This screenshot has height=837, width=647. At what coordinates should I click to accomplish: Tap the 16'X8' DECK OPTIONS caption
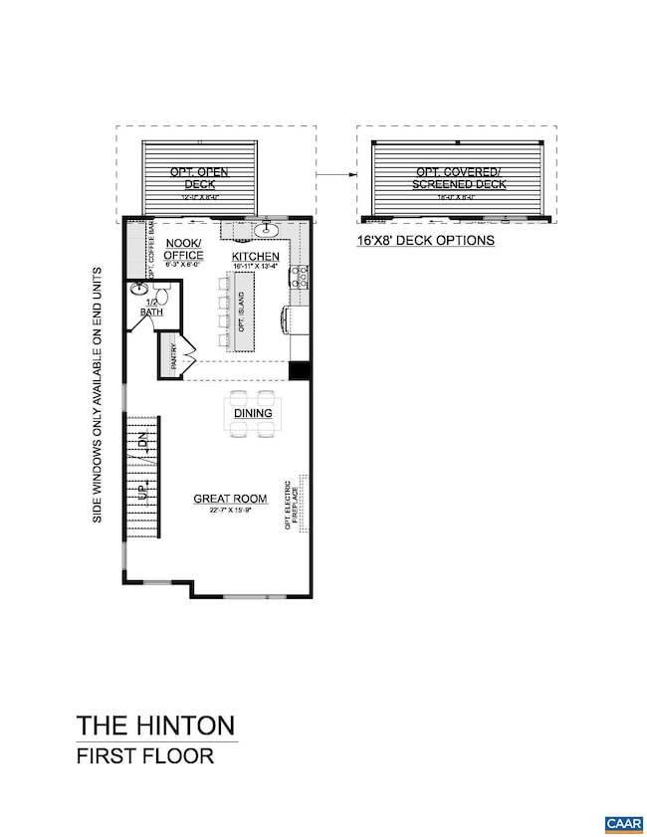[425, 241]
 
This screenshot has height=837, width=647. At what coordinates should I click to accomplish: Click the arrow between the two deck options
[334, 173]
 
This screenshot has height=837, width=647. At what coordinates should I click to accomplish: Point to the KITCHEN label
[257, 257]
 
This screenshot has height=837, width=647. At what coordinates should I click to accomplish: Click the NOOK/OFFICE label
[182, 249]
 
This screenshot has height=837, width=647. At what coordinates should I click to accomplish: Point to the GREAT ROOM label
[224, 499]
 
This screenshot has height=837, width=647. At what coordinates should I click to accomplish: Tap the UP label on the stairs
[142, 494]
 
